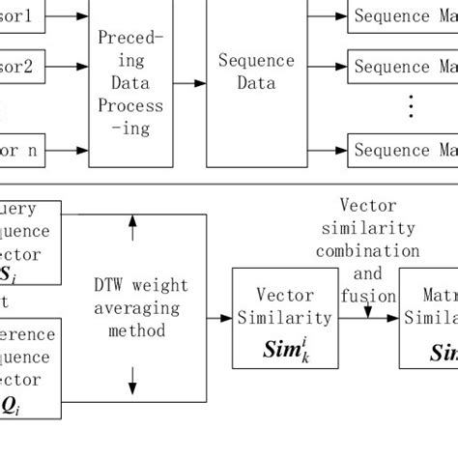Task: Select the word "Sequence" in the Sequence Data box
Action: pos(255,61)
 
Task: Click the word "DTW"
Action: pos(109,286)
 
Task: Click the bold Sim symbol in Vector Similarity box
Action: pos(283,346)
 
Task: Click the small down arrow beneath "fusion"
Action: pos(367,311)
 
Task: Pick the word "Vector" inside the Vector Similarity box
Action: pos(285,295)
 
